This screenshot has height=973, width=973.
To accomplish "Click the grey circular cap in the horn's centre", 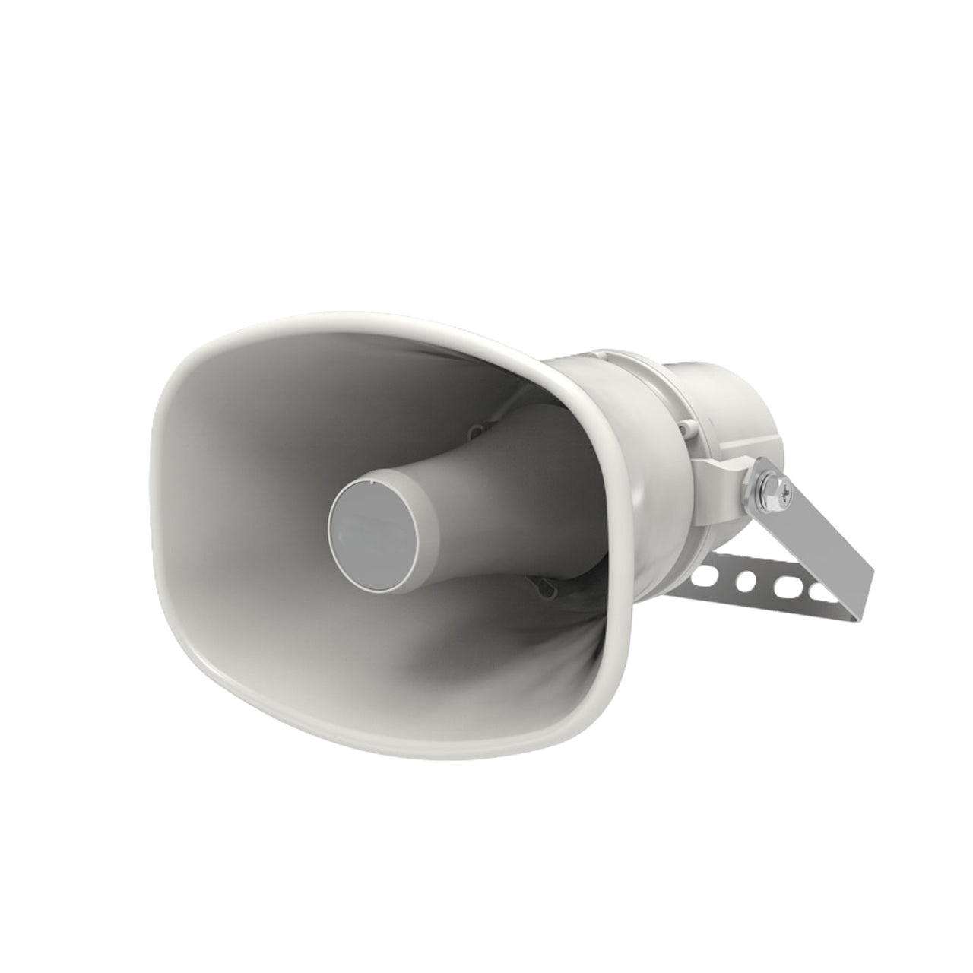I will click(x=372, y=525).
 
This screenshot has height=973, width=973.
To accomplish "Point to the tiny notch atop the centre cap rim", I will click(x=370, y=480).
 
